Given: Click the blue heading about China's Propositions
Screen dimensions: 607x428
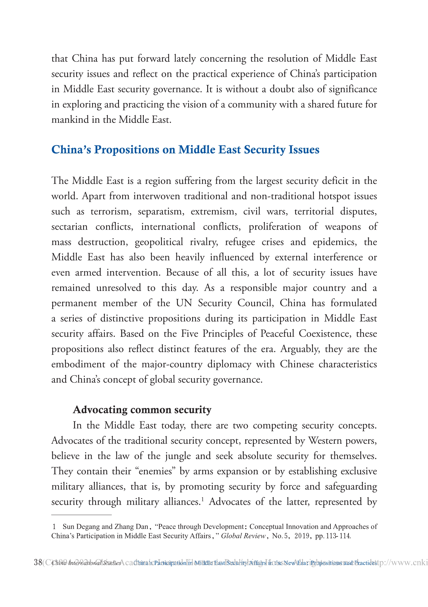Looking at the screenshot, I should (185, 150).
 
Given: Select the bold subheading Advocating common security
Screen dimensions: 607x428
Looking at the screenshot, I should (142, 410).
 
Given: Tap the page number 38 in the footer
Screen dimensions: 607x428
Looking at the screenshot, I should (38, 563).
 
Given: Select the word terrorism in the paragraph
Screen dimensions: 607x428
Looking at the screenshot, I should (110, 211).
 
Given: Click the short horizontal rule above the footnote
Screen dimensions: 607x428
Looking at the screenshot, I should (82, 514).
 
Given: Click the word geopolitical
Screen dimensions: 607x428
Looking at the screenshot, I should (159, 242).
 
